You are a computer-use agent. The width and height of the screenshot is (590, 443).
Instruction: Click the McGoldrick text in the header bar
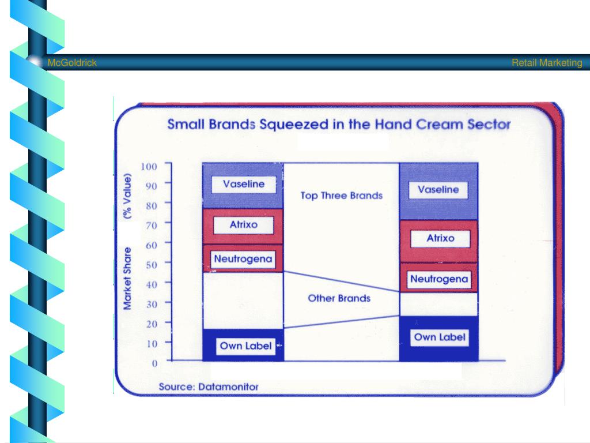point(72,63)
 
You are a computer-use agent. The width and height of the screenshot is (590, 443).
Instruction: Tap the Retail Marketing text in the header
point(547,63)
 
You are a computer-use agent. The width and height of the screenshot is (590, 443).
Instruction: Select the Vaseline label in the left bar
point(244,184)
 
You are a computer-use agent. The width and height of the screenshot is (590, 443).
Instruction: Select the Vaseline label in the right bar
point(438,190)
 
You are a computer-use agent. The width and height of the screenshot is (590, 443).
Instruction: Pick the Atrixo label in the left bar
point(244,225)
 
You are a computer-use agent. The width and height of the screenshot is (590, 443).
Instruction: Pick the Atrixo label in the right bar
point(440,238)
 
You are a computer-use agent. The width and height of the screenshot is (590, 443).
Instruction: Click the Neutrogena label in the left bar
point(243,259)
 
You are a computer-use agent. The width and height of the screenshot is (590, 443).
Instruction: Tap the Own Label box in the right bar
point(440,337)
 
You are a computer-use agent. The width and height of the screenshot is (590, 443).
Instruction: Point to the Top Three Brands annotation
point(341,196)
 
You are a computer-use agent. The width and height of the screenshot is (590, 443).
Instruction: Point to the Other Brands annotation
point(339,298)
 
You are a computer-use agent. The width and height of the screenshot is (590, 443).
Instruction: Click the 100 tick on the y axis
point(149,167)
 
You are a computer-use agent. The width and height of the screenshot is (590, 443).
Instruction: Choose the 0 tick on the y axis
point(154,363)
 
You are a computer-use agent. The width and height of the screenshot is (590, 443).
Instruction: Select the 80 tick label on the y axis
point(152,205)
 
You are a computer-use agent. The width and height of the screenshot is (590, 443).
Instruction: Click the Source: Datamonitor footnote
point(209,386)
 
